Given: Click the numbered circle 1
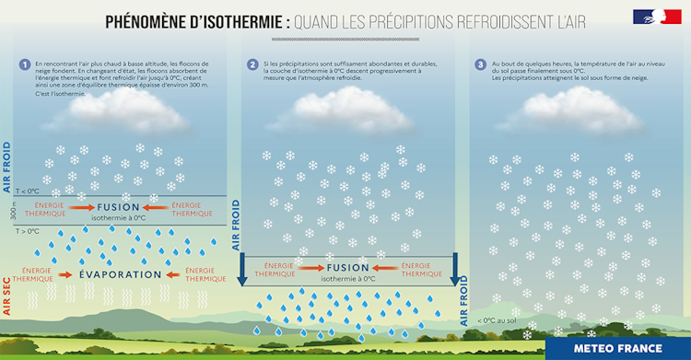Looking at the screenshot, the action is [24, 64].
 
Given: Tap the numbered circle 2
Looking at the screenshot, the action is [252, 64].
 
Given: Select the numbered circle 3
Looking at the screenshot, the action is [481, 64].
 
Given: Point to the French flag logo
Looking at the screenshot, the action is [657, 17].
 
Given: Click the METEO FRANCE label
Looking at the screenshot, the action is [617, 348].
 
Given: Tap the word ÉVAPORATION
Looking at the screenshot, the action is [120, 274].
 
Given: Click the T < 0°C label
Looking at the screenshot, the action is [28, 191].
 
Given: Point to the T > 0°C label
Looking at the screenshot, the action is [28, 231].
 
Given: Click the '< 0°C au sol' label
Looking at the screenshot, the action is [498, 320].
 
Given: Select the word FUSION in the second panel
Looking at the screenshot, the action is [347, 267].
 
